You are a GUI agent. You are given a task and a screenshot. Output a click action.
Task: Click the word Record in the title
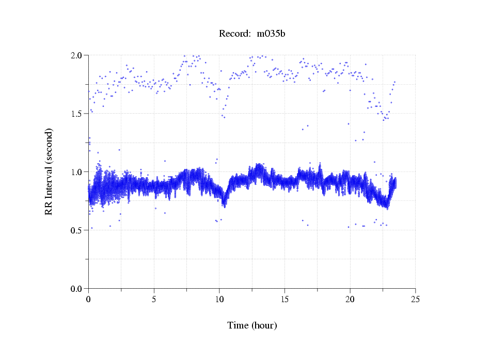click(x=233, y=34)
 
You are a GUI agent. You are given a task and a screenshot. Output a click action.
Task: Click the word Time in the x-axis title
click(x=238, y=325)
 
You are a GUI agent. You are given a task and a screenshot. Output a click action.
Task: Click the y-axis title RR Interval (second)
click(x=49, y=171)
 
